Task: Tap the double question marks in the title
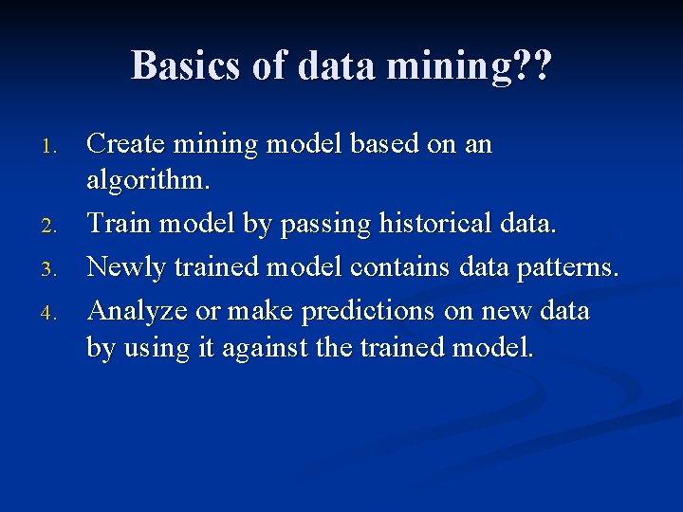(x=531, y=65)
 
